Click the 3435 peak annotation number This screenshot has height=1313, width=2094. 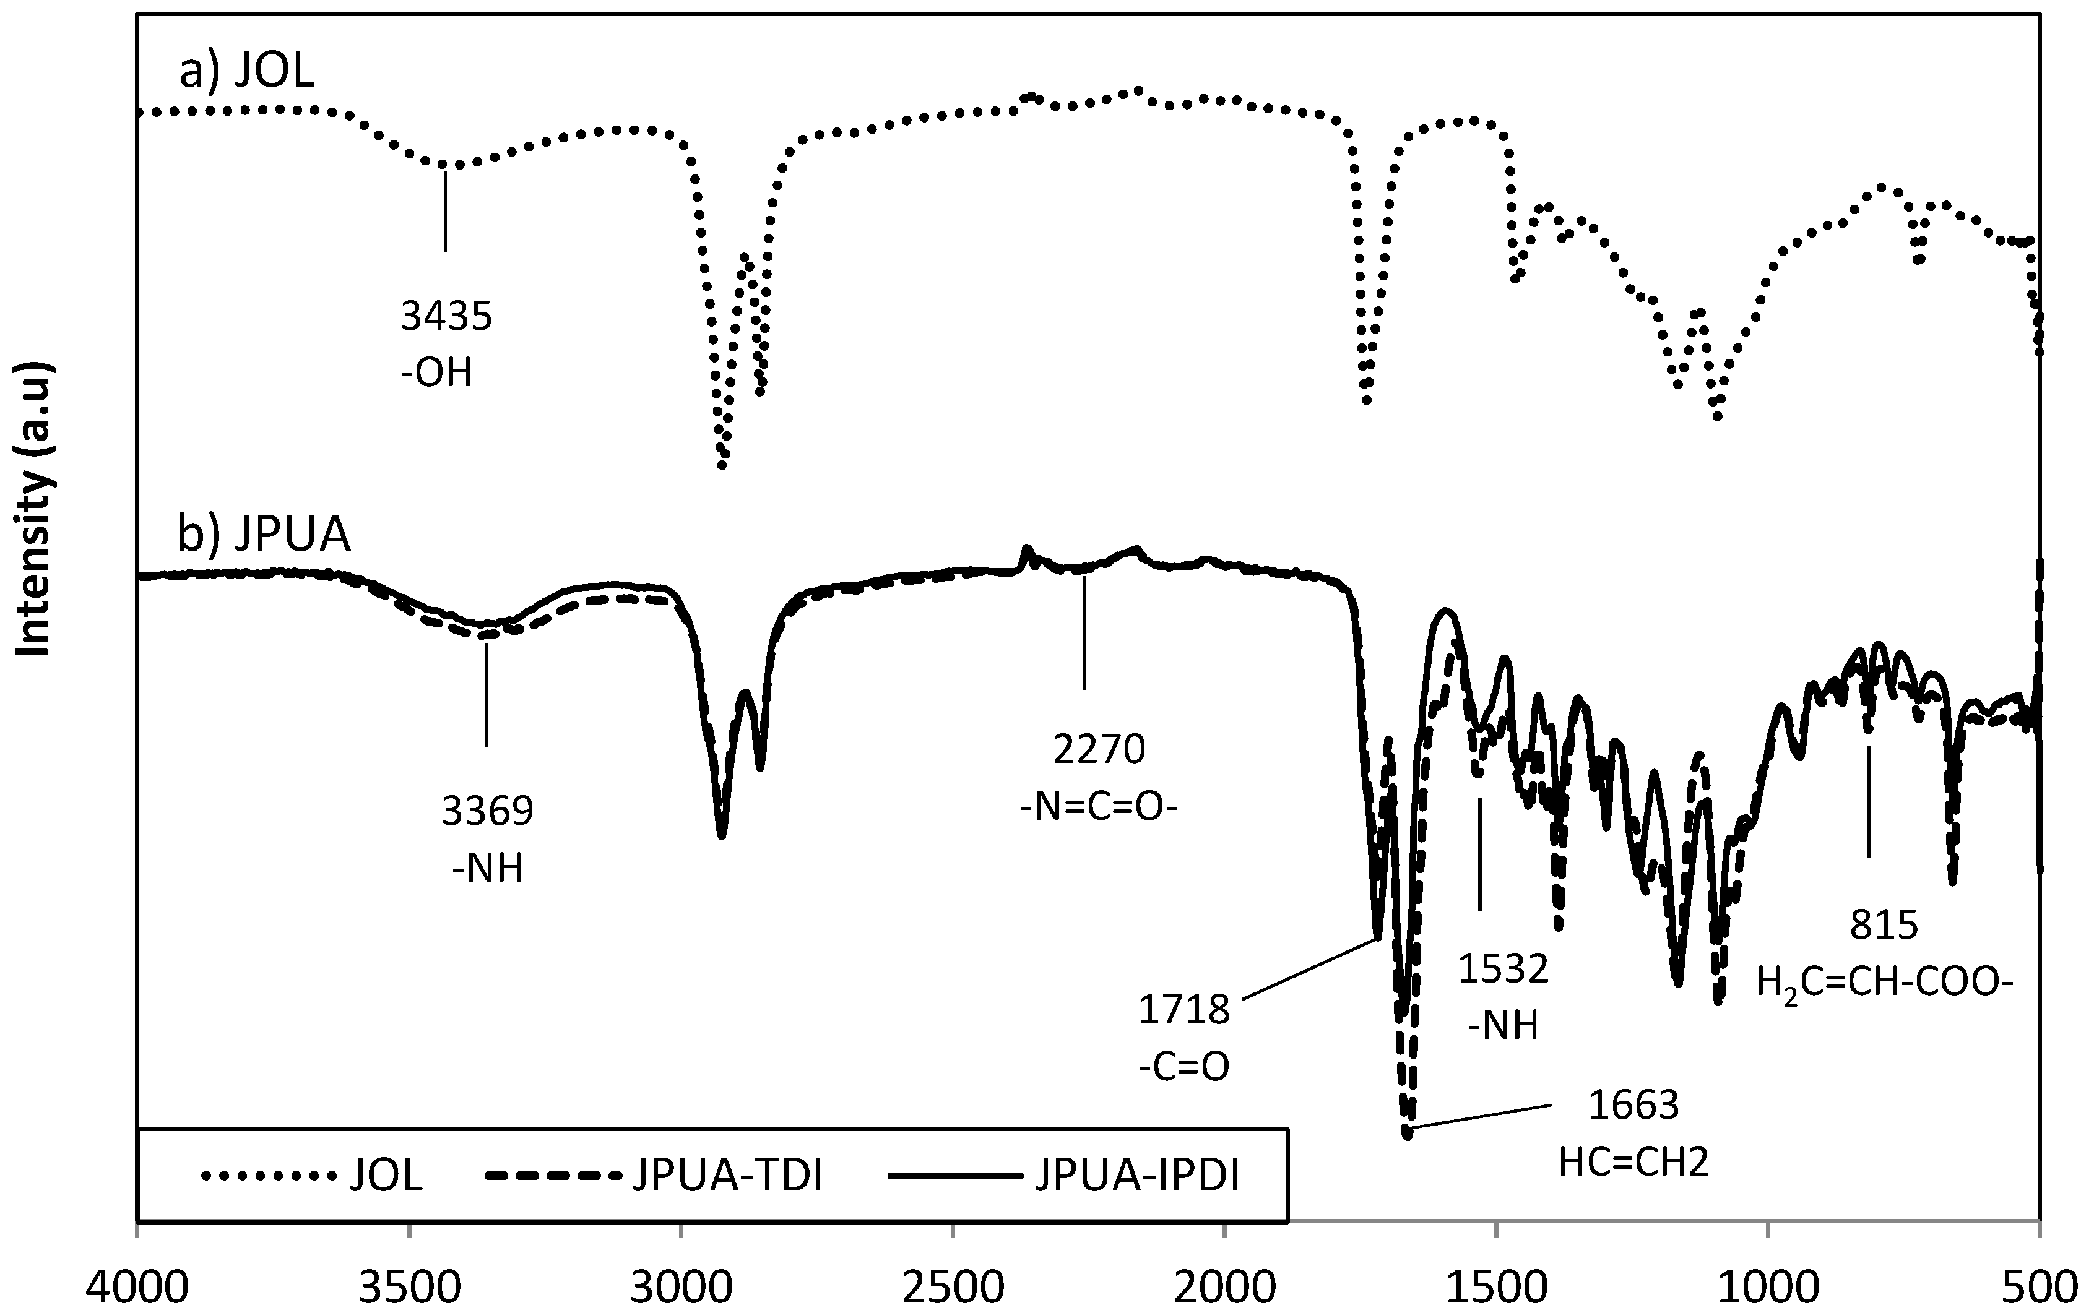tap(446, 317)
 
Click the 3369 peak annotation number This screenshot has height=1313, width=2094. tap(487, 812)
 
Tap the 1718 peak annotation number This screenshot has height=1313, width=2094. tap(1183, 1010)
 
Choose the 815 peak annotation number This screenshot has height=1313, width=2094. tap(1883, 926)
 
